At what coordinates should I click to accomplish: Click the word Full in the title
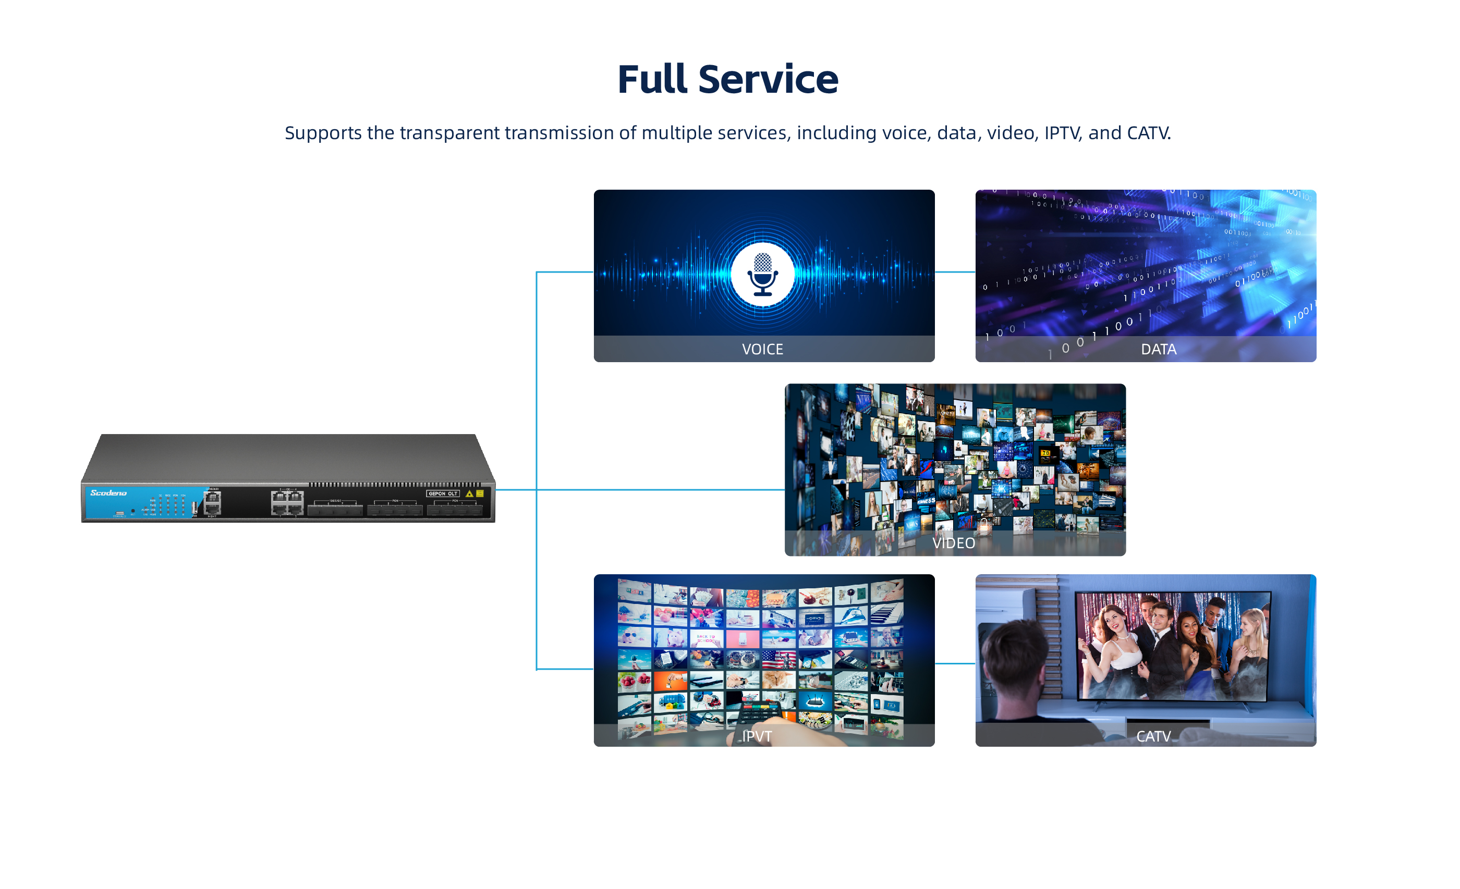click(653, 79)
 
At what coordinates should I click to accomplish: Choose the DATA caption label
click(1159, 350)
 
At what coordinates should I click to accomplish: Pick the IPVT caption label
click(757, 736)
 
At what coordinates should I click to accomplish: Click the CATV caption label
click(1153, 736)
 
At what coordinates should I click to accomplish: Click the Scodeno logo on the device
click(108, 493)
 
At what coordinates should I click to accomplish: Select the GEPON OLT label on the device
click(443, 493)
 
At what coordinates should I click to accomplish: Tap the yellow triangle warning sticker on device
click(469, 494)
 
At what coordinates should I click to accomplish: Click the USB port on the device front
click(194, 508)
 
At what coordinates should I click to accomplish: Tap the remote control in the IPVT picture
click(756, 711)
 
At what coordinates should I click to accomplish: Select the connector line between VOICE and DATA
click(955, 272)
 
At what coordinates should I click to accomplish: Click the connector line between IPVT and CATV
click(955, 663)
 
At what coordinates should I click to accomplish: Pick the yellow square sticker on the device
click(480, 493)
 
